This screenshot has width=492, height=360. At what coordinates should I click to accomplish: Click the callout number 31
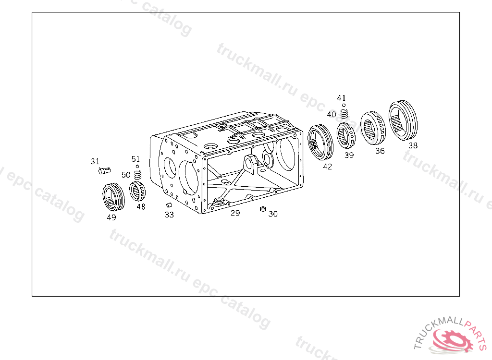coord(95,161)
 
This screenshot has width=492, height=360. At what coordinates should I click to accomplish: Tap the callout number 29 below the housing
coord(235,213)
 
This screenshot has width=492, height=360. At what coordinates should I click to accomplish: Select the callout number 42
coord(327,167)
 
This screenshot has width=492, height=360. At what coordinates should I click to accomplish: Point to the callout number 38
coord(413,145)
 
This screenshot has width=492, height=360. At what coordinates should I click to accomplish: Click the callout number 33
coord(169,215)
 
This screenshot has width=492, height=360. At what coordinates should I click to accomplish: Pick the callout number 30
coord(273,214)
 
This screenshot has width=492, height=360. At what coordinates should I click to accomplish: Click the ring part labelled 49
coord(113,197)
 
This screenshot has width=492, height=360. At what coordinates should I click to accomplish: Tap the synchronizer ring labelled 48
coord(137,191)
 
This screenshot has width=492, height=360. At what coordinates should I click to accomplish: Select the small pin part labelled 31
coord(104,170)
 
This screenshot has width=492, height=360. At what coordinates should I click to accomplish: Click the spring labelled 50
coord(138,175)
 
